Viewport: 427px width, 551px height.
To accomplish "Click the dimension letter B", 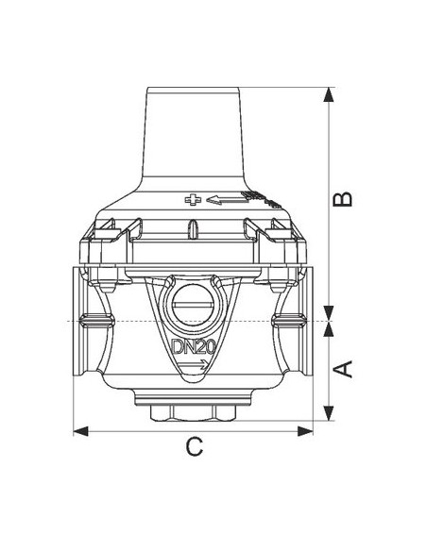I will click(346, 198).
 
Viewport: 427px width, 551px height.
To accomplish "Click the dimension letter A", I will click(346, 368).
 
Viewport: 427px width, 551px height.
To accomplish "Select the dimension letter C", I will click(194, 447).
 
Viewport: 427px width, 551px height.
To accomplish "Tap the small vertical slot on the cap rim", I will click(192, 230).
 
